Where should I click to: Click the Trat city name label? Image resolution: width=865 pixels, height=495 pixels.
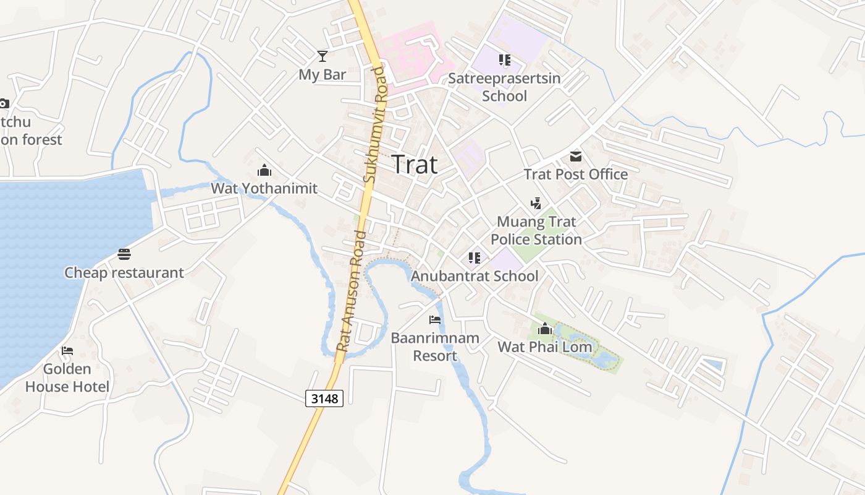tap(415, 165)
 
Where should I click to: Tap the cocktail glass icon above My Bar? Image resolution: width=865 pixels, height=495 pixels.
tap(322, 56)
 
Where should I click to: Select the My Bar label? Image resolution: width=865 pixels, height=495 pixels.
tap(322, 74)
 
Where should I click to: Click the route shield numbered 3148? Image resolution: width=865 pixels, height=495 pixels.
tap(324, 398)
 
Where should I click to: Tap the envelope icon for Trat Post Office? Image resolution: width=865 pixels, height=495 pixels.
tap(576, 156)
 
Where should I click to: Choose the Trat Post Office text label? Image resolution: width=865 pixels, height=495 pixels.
tap(576, 174)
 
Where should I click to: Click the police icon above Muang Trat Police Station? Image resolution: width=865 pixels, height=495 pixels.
tap(536, 203)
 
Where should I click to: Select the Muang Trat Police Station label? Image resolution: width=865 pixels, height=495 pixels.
tap(536, 230)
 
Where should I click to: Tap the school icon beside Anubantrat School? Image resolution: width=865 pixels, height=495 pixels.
tap(474, 258)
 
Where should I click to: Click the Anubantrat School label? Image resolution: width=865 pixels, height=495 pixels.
tap(475, 276)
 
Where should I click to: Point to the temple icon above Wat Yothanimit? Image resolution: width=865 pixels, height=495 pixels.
tap(264, 170)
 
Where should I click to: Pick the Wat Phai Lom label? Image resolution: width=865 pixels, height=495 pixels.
tap(544, 346)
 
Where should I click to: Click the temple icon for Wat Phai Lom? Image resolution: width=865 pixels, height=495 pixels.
tap(544, 329)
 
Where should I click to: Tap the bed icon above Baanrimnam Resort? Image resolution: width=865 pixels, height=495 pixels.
tap(435, 320)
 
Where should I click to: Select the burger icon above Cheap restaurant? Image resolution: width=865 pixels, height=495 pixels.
tap(124, 254)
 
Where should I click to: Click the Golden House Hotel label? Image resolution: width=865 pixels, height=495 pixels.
tap(67, 377)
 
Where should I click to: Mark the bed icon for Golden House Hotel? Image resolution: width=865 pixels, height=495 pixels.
tap(67, 351)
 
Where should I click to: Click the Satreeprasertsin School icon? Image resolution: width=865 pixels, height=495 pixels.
tap(505, 60)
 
